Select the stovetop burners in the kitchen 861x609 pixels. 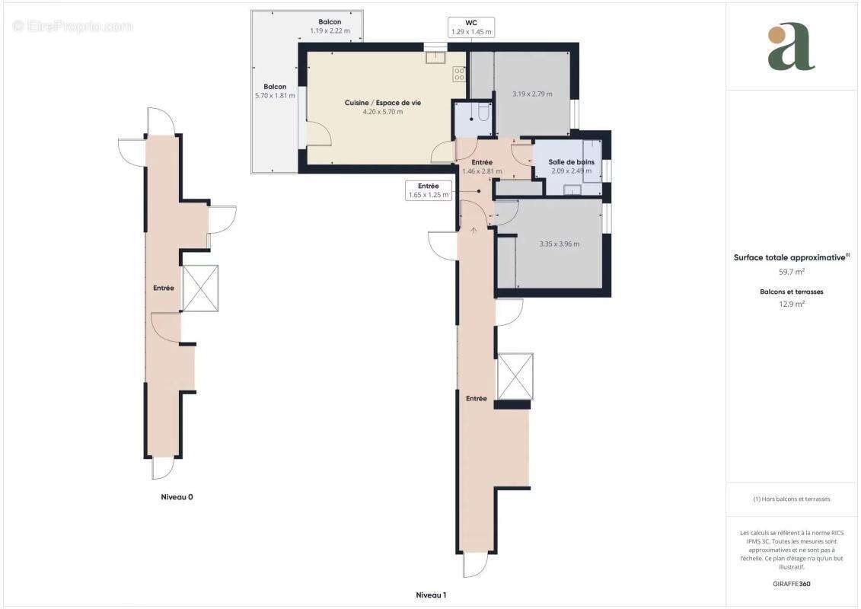(x=460, y=74)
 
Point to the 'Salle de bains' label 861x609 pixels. (x=571, y=162)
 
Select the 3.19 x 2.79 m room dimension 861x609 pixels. (x=532, y=94)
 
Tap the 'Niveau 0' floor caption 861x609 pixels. (x=177, y=496)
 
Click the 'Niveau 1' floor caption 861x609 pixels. (x=430, y=595)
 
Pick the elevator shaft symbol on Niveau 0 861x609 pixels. (x=199, y=289)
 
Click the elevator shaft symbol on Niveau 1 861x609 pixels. (x=514, y=377)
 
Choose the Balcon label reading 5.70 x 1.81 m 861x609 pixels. (x=275, y=92)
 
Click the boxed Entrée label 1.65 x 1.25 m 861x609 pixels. (x=428, y=190)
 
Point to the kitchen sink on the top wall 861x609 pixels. (x=435, y=57)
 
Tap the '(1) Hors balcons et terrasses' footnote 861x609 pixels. (x=792, y=499)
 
